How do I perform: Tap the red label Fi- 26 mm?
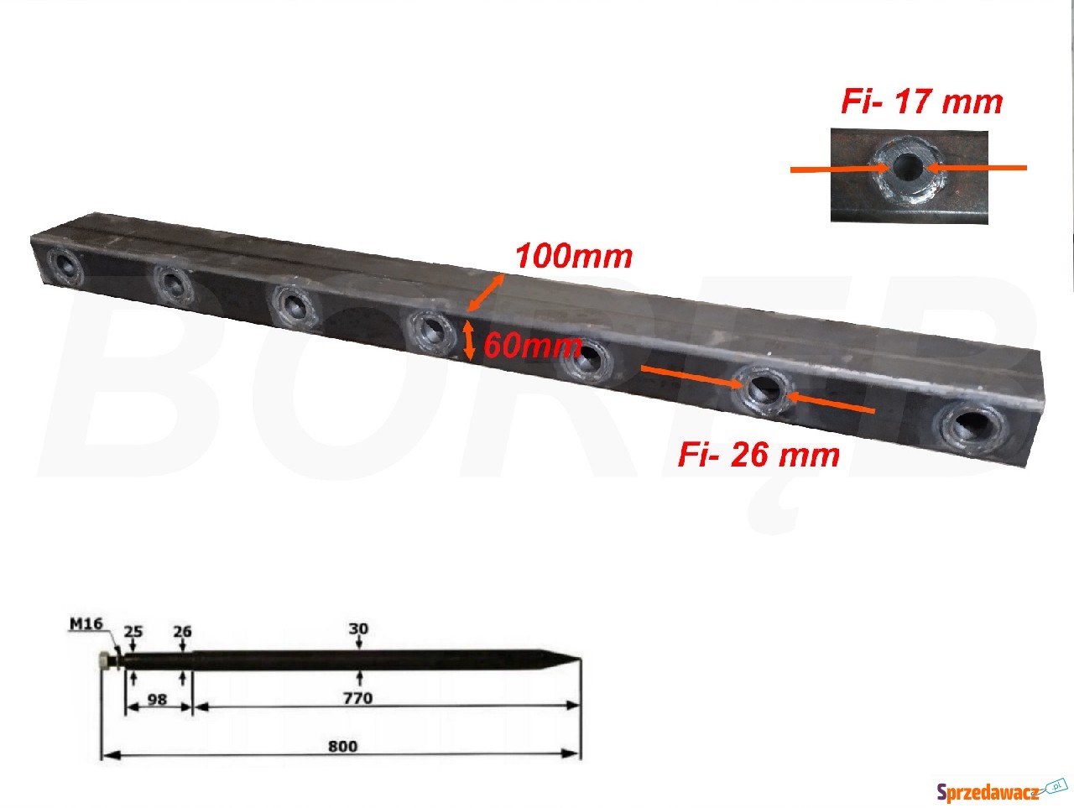tap(759, 455)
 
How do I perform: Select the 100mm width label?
tap(574, 256)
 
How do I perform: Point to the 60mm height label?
tap(532, 346)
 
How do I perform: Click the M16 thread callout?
tap(86, 624)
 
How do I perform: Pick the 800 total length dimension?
tap(343, 747)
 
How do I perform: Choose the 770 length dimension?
tap(358, 698)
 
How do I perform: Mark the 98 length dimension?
tap(157, 700)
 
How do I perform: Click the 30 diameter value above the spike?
tap(358, 628)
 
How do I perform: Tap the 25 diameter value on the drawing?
tap(133, 632)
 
